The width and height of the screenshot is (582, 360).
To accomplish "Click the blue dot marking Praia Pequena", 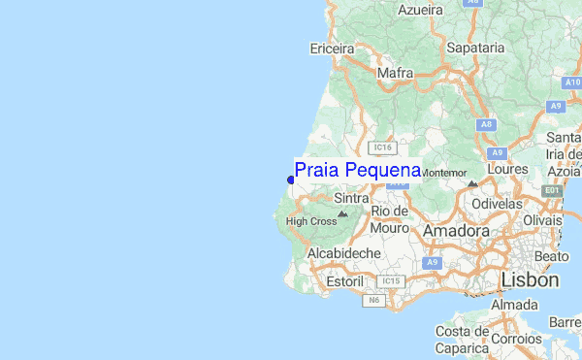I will click(291, 180).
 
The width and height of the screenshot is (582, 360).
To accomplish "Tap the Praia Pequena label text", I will click(357, 171).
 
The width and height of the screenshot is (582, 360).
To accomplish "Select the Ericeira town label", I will click(333, 48).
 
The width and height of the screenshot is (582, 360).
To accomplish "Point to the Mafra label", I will click(396, 73).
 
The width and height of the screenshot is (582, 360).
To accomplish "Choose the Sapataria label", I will click(475, 47).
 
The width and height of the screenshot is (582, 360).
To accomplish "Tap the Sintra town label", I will click(351, 198).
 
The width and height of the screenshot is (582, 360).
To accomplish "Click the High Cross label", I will click(311, 221).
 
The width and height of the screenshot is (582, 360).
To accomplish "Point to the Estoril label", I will click(342, 280).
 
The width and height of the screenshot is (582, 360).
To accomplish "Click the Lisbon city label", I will click(531, 279).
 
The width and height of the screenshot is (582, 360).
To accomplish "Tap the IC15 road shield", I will click(390, 281).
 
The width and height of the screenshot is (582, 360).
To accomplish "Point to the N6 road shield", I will click(373, 301).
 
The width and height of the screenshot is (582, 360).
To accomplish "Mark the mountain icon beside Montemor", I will click(471, 182).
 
